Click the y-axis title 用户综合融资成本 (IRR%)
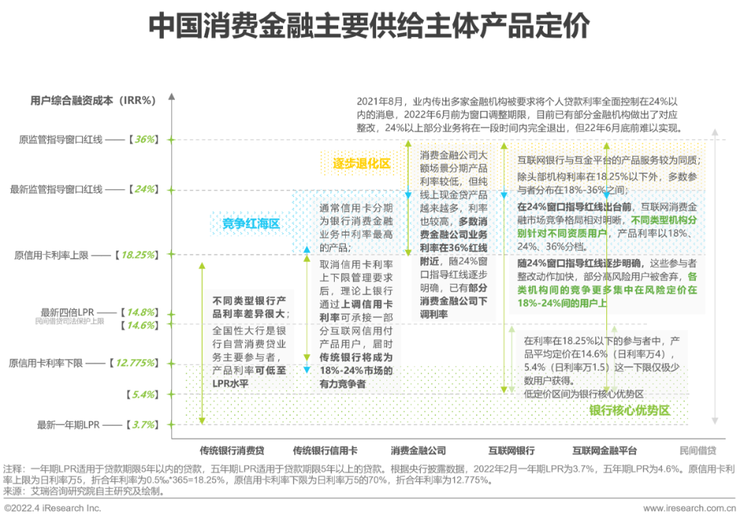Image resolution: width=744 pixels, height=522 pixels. pyautogui.click(x=93, y=100)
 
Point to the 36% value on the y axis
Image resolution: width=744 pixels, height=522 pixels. pyautogui.click(x=145, y=139)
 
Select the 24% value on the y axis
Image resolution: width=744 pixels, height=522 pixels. pyautogui.click(x=145, y=189)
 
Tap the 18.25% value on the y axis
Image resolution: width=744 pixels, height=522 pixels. pyautogui.click(x=138, y=255)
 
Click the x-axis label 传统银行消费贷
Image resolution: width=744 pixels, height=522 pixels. pyautogui.click(x=232, y=451)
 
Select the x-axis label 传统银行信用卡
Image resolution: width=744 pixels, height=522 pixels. pyautogui.click(x=324, y=451)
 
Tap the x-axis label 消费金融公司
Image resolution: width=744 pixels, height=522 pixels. pyautogui.click(x=418, y=451)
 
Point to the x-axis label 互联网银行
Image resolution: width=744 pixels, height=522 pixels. pyautogui.click(x=512, y=451)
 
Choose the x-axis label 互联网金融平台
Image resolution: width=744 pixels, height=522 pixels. pyautogui.click(x=604, y=451)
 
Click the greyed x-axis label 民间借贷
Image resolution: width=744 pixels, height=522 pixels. pyautogui.click(x=697, y=451)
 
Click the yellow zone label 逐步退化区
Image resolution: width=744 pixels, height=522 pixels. pyautogui.click(x=362, y=164)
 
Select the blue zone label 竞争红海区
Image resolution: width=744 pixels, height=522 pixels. pyautogui.click(x=250, y=223)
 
